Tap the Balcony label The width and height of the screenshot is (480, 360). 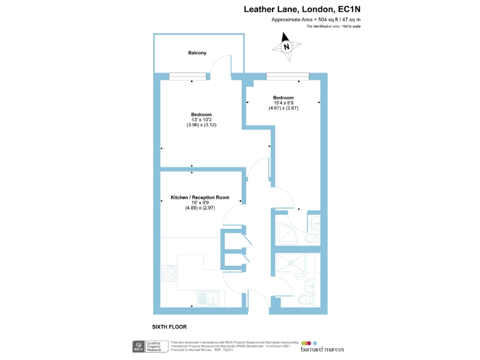[x=197, y=53]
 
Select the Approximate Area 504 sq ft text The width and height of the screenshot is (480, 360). [x=316, y=20]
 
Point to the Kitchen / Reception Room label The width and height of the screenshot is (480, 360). [x=199, y=197]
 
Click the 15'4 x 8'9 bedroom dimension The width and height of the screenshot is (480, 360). [x=283, y=103]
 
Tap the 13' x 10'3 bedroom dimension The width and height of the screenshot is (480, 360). [x=201, y=119]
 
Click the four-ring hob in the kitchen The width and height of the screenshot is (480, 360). [x=169, y=272]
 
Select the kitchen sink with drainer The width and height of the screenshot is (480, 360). [x=206, y=299]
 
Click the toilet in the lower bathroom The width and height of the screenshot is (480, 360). [x=306, y=300]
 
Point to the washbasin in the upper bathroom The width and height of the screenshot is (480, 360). [x=316, y=222]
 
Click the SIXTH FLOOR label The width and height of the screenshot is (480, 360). [x=169, y=327]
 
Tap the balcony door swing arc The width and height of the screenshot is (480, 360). [x=217, y=64]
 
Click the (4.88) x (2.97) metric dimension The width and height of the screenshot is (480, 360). [x=199, y=208]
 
